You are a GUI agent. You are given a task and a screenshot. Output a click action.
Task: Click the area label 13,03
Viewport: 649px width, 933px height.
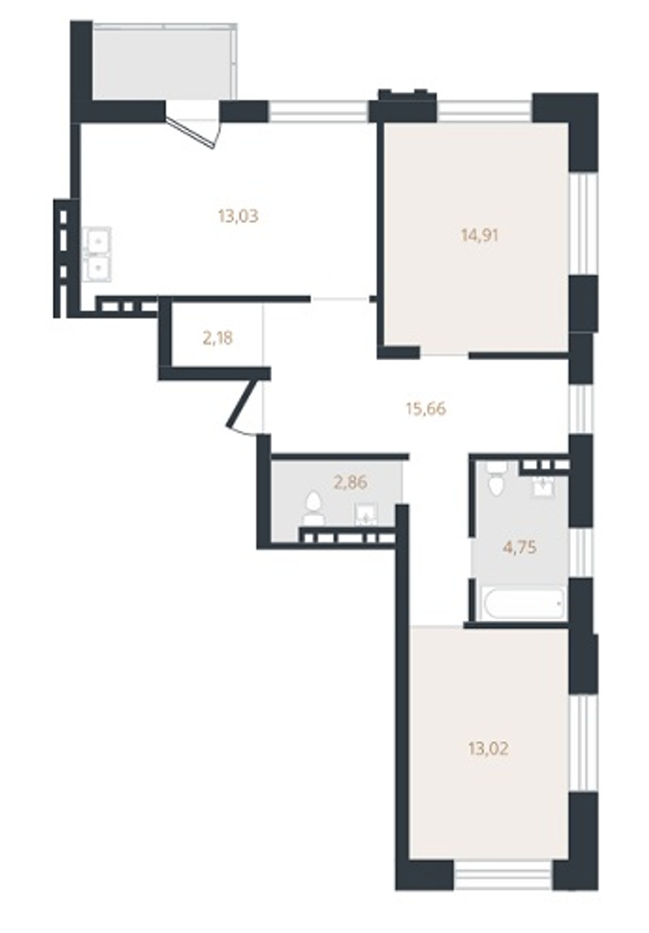[238, 215]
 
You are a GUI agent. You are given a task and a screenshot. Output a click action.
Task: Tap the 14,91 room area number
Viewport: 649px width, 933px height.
[479, 235]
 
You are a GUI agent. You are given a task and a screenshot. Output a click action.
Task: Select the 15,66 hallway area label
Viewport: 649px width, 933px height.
[426, 409]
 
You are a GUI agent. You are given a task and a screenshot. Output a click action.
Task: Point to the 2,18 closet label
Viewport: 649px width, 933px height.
[217, 338]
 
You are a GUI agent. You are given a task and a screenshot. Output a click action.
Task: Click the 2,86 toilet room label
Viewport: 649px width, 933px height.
[350, 481]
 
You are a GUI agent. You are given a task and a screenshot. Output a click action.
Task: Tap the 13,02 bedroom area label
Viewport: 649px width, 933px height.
[488, 748]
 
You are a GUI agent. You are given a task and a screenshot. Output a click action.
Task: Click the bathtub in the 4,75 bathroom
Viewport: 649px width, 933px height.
[524, 604]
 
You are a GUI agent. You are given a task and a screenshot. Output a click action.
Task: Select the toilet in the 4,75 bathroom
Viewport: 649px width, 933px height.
[496, 479]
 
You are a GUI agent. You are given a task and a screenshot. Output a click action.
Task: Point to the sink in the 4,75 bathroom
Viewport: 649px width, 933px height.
[543, 486]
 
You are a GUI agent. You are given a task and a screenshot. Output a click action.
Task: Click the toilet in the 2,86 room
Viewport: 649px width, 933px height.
[313, 510]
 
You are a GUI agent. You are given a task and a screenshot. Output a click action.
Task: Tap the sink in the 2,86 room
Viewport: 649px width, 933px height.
[365, 514]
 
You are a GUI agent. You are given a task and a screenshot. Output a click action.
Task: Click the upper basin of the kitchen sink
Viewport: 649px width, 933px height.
[97, 241]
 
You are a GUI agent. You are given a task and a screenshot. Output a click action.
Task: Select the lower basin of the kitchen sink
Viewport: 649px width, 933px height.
[97, 267]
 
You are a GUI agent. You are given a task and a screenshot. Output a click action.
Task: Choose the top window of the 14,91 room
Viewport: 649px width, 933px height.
[485, 111]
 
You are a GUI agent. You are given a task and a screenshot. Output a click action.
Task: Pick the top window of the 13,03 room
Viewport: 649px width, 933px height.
[318, 111]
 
